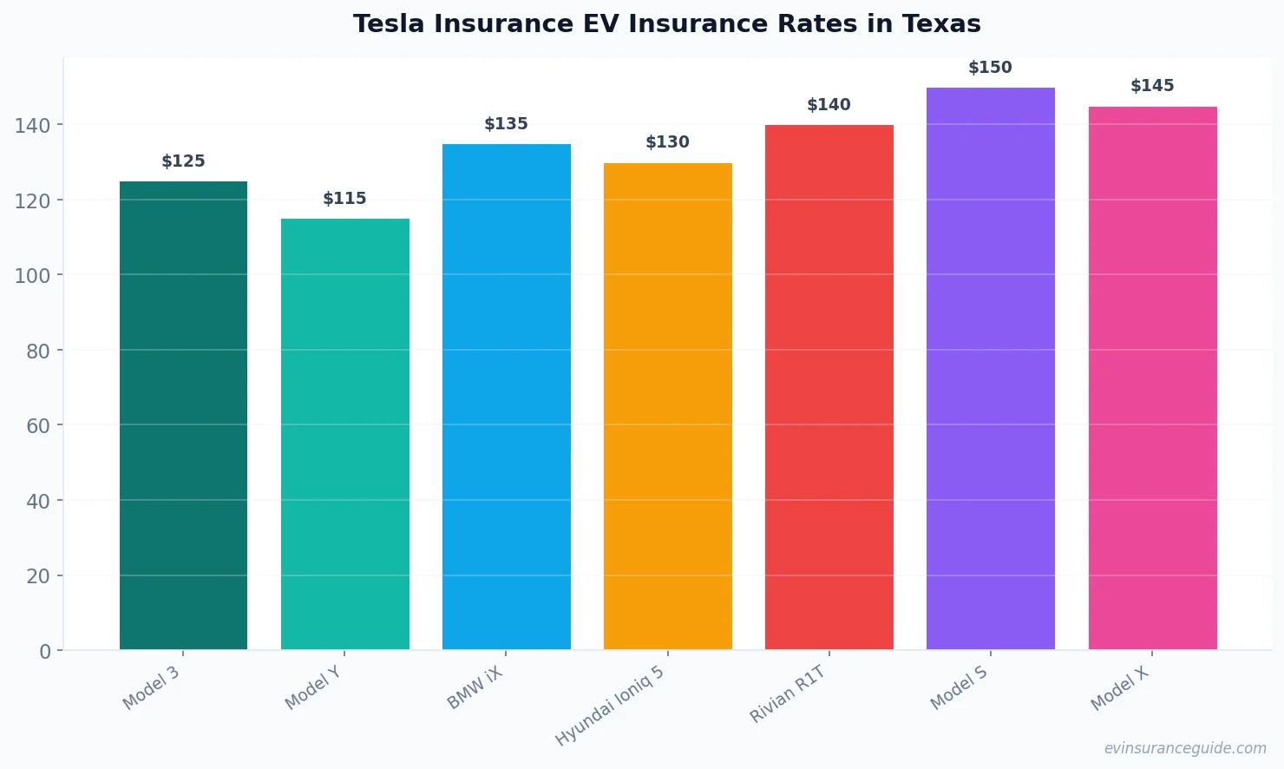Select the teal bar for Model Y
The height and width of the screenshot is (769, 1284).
coord(344,434)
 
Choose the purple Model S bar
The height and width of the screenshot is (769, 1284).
coord(990,368)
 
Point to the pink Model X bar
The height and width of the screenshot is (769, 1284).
coord(1152,378)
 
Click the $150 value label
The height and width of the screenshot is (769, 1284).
coord(990,68)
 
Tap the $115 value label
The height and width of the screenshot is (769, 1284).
coord(344,199)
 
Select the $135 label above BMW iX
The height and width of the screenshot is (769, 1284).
coord(506,124)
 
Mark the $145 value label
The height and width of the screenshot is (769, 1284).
coord(1152,86)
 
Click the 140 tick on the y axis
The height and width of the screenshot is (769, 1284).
coord(33,126)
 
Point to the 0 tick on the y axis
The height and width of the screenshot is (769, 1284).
coord(45,652)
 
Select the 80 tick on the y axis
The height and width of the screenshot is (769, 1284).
coord(38,352)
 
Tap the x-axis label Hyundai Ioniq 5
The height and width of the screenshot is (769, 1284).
coord(610,706)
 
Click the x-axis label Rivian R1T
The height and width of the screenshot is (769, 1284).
coord(788,694)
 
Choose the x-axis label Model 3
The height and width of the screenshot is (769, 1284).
coord(152,688)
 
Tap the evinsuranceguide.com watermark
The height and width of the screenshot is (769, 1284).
coord(1185,748)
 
